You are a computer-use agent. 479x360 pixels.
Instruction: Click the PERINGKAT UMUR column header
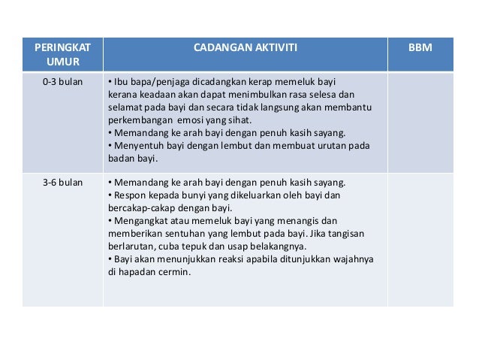click(x=62, y=54)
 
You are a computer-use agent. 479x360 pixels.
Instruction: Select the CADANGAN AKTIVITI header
click(x=246, y=47)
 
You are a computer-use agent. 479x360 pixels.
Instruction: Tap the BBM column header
click(x=420, y=47)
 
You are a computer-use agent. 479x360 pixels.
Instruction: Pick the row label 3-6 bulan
click(x=62, y=182)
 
